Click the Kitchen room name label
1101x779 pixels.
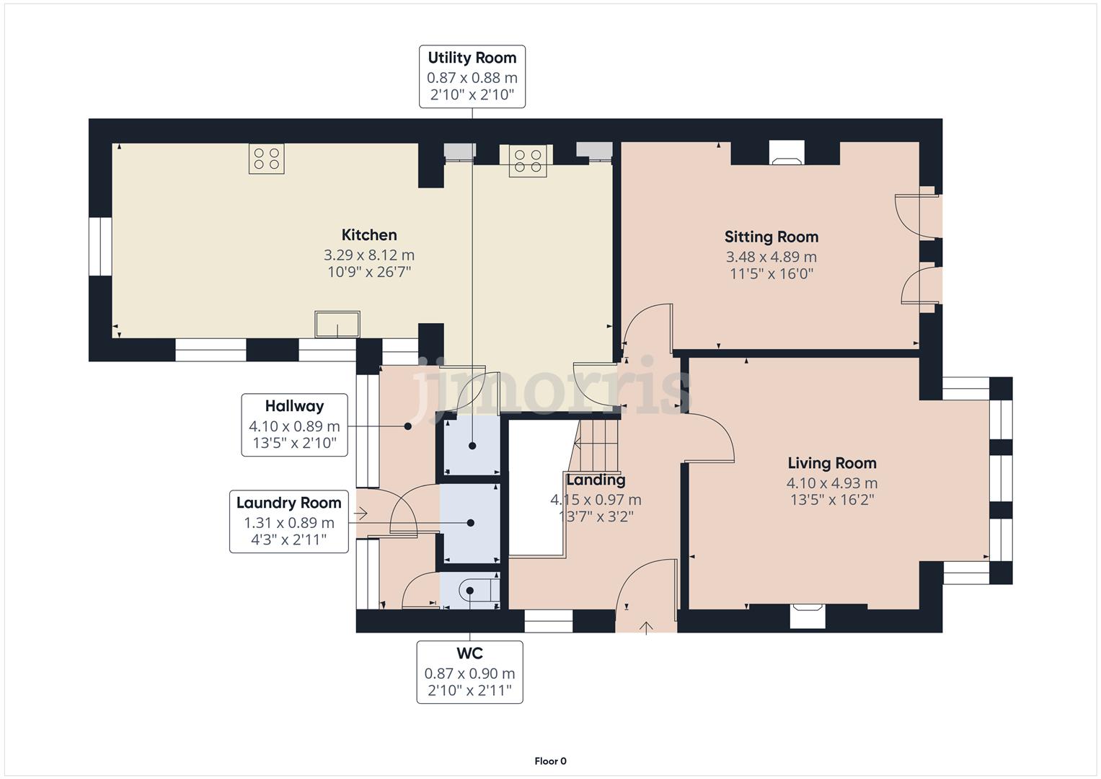[x=369, y=235]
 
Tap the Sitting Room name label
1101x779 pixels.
[x=771, y=237]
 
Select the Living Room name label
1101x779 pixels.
[x=832, y=463]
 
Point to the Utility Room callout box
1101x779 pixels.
[x=472, y=76]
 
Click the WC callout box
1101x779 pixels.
[x=469, y=672]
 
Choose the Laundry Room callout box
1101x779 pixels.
[x=289, y=521]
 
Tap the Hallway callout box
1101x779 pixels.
[x=294, y=425]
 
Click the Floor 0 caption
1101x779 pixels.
[x=551, y=761]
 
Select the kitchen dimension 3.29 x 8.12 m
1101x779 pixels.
[x=369, y=255]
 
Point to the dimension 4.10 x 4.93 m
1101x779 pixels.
[x=832, y=483]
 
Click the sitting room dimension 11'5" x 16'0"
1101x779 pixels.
[x=771, y=274]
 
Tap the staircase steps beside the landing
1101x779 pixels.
[x=596, y=445]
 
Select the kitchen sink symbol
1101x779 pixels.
[x=337, y=324]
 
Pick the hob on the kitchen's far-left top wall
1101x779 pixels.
[x=266, y=159]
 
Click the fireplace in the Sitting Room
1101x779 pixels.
[x=787, y=153]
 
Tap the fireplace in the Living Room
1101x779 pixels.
[x=808, y=616]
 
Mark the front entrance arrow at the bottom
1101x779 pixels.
[x=646, y=628]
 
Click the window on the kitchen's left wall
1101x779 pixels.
[x=100, y=247]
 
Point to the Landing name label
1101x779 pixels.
[x=596, y=480]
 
